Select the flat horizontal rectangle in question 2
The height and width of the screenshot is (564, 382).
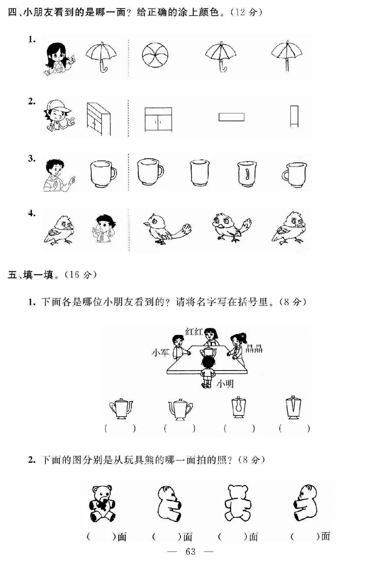pos(232,117)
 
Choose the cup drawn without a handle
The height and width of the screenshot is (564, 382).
pos(200,172)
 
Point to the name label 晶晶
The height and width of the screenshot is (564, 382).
pos(254,349)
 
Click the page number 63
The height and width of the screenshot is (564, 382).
pos(191,552)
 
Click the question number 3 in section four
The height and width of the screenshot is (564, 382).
pos(32,159)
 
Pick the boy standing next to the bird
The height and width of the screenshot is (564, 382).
pos(104,228)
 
